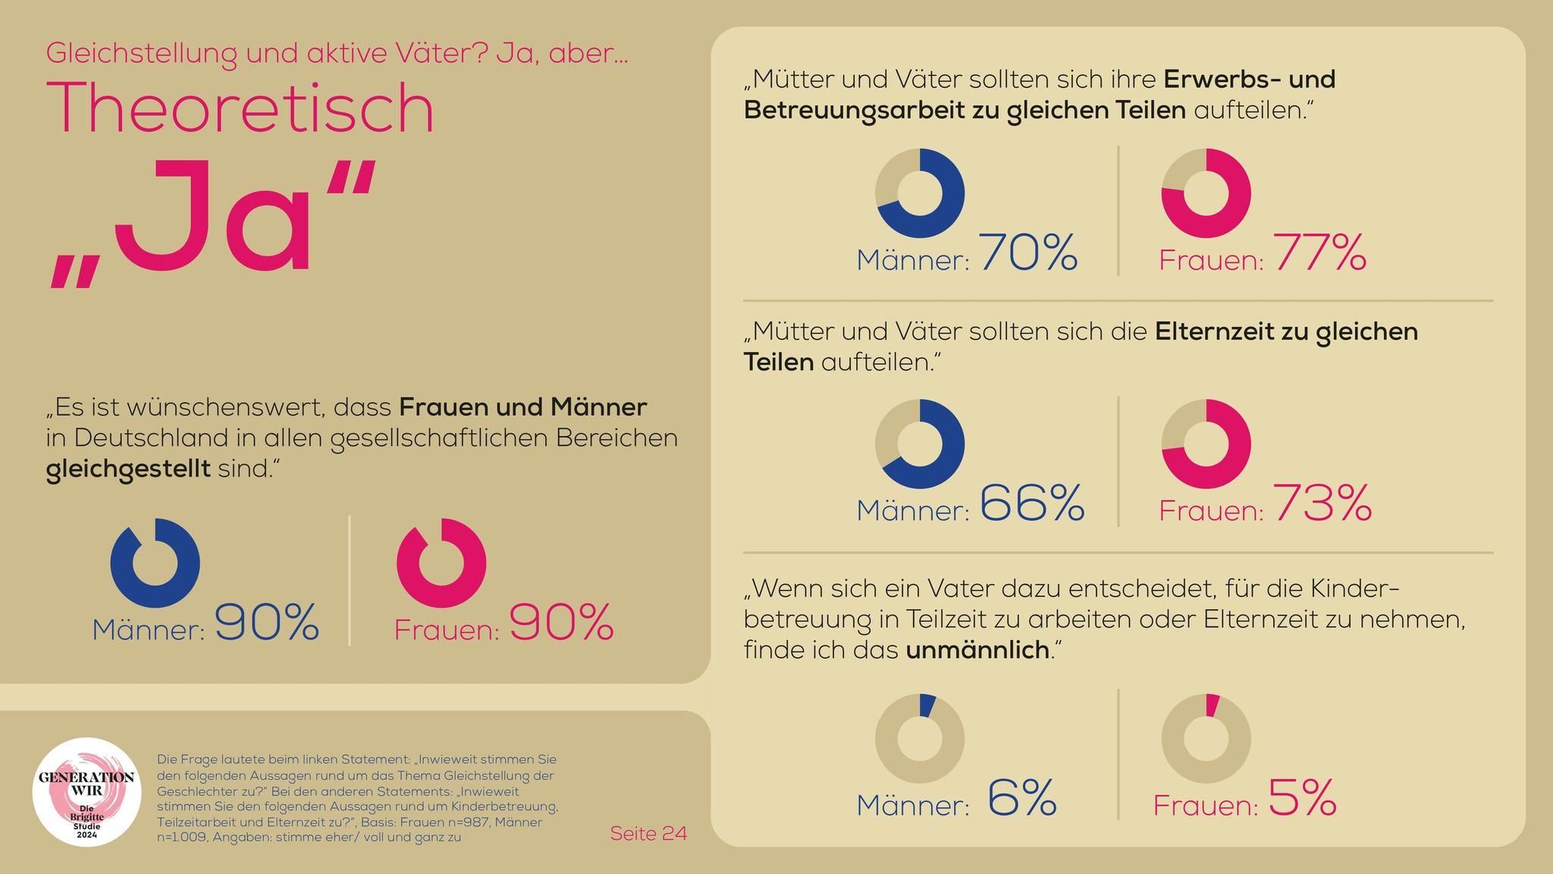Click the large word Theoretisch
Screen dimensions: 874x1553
point(241,108)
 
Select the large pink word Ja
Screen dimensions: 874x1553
point(212,220)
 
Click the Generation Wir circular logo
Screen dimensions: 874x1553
point(86,792)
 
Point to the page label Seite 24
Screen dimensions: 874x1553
point(648,834)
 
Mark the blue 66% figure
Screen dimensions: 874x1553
point(1032,503)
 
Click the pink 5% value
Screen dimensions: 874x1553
point(1301,797)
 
